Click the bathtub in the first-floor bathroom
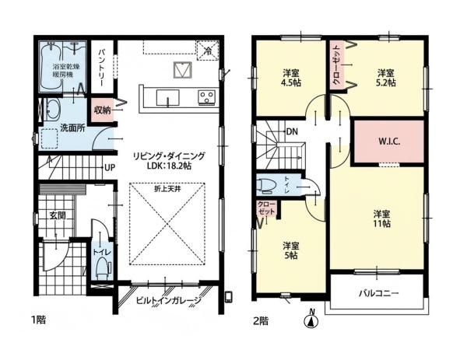click(51, 66)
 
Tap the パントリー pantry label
click(101, 68)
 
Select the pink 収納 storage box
click(103, 110)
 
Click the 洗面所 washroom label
click(72, 128)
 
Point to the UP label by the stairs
click(110, 168)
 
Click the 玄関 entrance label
click(58, 215)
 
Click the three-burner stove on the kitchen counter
click(206, 97)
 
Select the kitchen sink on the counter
click(167, 97)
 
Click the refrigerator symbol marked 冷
click(207, 51)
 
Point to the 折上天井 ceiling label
click(167, 189)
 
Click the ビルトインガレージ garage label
click(169, 300)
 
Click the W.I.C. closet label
click(389, 142)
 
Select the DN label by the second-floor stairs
click(292, 131)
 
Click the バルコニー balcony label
click(378, 294)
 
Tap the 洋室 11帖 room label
click(382, 218)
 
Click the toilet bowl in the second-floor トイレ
click(266, 186)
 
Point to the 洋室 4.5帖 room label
click(291, 78)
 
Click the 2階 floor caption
click(261, 321)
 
